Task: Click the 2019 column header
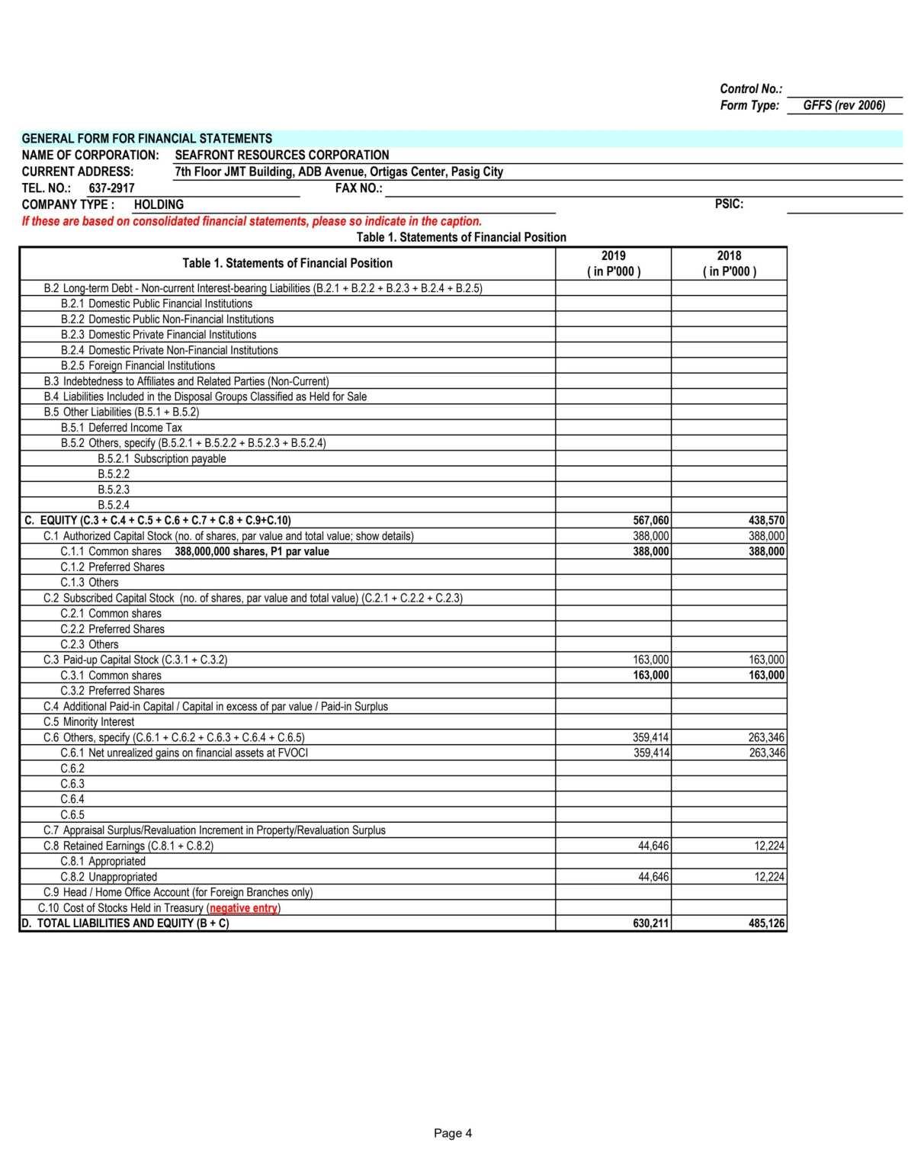[x=613, y=263]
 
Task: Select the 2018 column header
[x=729, y=263]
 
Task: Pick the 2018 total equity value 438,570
[x=766, y=521]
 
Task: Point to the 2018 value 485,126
[x=766, y=923]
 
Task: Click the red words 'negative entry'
[x=243, y=908]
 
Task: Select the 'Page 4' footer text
[x=453, y=1133]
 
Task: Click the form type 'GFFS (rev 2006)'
[x=844, y=105]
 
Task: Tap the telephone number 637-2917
[x=111, y=188]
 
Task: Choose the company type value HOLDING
[x=159, y=204]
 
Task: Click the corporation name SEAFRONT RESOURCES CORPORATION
[x=282, y=155]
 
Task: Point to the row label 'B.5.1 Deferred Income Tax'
[x=121, y=428]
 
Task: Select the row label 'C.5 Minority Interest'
[x=88, y=722]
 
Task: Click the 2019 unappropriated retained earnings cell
[x=653, y=877]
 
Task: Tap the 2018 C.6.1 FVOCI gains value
[x=766, y=753]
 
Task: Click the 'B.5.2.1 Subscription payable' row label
[x=162, y=459]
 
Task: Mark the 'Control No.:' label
[x=751, y=89]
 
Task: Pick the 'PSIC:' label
[x=729, y=204]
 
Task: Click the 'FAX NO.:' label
[x=358, y=188]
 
